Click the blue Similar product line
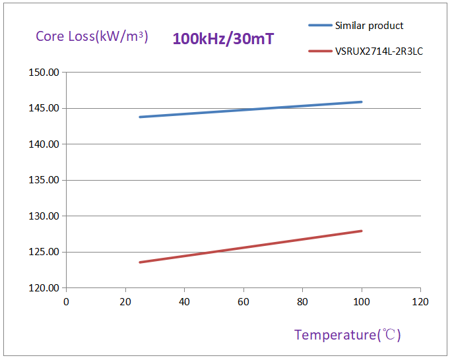(x=251, y=109)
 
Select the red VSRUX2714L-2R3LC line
(x=251, y=247)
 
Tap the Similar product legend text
(x=369, y=26)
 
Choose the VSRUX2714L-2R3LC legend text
(x=379, y=50)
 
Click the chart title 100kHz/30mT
(x=223, y=38)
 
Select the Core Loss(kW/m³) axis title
(x=92, y=36)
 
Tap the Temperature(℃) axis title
(x=347, y=335)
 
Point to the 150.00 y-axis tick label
(x=44, y=72)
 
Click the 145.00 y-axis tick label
(x=44, y=108)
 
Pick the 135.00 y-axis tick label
(x=44, y=180)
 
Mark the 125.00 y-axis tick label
(x=44, y=252)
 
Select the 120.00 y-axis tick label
(x=44, y=288)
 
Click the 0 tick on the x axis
(x=66, y=301)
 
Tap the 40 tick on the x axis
(x=184, y=301)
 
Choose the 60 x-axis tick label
(x=243, y=301)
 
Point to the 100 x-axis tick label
(x=362, y=301)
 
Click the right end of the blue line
(x=362, y=102)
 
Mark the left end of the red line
(x=140, y=262)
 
